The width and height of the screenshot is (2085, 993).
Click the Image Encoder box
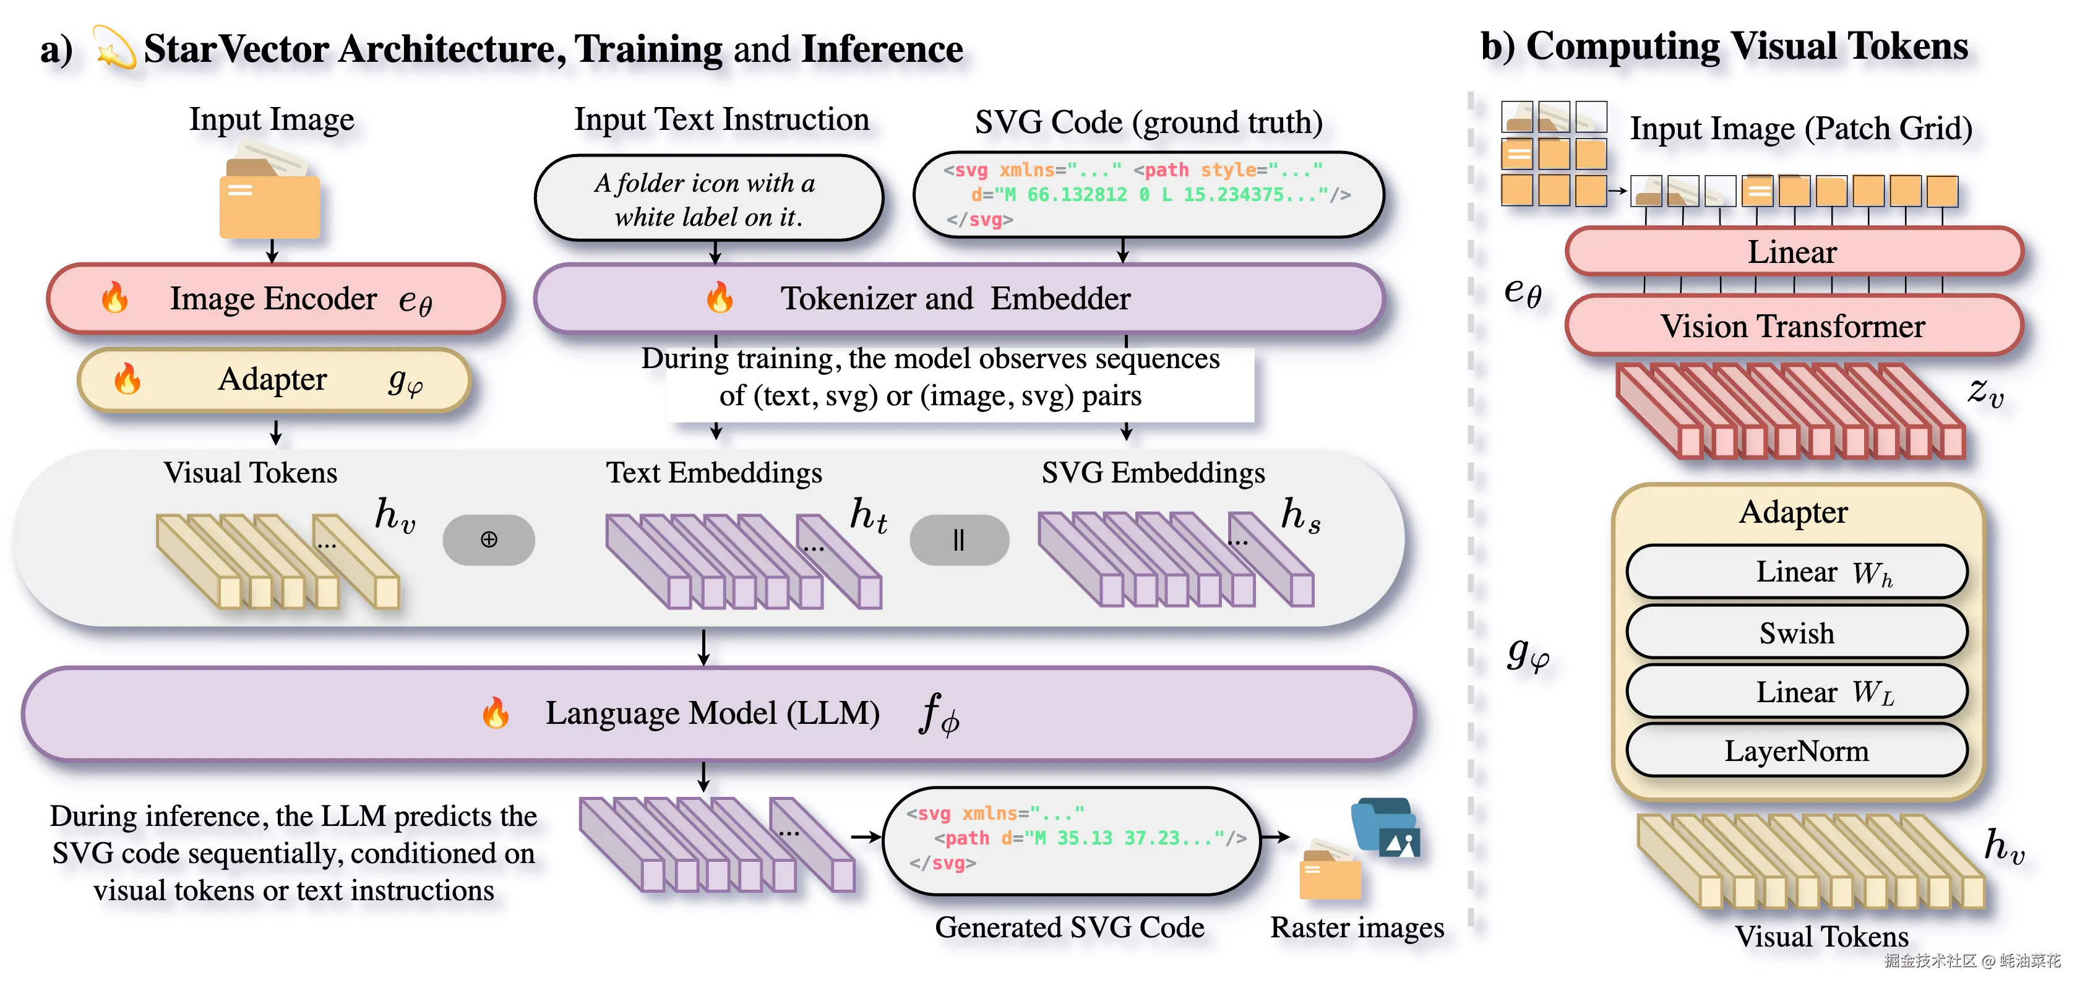tap(275, 299)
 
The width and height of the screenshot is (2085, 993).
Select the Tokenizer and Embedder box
tap(959, 299)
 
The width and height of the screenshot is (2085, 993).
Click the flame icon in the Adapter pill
tap(127, 379)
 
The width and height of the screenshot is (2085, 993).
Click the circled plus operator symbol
tap(489, 539)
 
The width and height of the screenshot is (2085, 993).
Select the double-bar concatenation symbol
tap(959, 539)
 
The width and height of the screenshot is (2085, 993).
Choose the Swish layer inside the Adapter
tap(1797, 633)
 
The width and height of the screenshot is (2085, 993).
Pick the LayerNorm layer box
tap(1797, 751)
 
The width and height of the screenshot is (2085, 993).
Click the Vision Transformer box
tap(1794, 326)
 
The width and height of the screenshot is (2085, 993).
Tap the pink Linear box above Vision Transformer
tap(1794, 252)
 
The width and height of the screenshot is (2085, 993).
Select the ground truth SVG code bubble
tap(1148, 195)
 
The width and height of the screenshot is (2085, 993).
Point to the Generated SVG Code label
tap(1069, 927)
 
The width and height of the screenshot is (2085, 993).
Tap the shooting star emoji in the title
tap(113, 48)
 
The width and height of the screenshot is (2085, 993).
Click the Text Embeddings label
tap(714, 473)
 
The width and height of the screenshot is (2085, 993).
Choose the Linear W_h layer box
tap(1797, 572)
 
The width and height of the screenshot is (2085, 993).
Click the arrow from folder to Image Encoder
tap(273, 251)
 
